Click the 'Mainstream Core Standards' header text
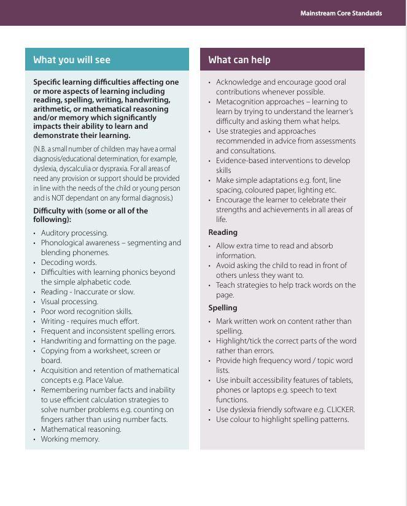(341, 13)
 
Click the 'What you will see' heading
(72, 59)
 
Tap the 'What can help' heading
(239, 59)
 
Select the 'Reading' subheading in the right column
(223, 232)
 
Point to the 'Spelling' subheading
(222, 308)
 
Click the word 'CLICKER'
(340, 410)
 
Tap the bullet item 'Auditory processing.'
(74, 233)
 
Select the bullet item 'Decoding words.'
(69, 263)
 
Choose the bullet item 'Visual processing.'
(69, 302)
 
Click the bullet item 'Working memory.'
(70, 439)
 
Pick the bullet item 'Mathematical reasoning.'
(81, 429)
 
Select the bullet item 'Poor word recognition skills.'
(87, 312)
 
